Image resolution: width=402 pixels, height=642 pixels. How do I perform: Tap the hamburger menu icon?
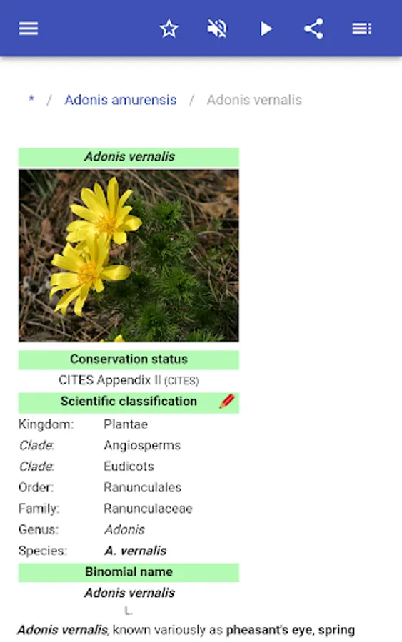click(29, 29)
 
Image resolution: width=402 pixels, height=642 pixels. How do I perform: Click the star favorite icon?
click(169, 29)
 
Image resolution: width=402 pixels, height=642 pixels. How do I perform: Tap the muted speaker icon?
click(217, 29)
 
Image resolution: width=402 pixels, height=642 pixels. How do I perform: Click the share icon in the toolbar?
click(313, 29)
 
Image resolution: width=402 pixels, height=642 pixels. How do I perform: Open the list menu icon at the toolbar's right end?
click(361, 29)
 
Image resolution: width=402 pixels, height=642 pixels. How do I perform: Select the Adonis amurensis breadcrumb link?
click(121, 100)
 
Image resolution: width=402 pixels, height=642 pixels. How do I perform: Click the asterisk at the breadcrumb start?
click(31, 98)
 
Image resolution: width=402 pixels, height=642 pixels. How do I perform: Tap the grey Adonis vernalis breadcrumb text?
click(254, 100)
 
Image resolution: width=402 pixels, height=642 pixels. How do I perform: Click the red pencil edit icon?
click(227, 401)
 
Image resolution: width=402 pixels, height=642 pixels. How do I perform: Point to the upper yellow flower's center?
click(107, 223)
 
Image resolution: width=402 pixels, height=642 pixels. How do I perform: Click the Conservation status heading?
click(129, 359)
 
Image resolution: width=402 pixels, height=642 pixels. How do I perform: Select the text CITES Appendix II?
click(110, 380)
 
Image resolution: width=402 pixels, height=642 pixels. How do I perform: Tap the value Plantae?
click(126, 424)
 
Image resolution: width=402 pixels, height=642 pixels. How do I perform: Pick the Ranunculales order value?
click(143, 487)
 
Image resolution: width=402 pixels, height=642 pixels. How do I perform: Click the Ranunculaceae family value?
click(148, 509)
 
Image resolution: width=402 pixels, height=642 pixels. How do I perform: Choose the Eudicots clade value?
click(129, 467)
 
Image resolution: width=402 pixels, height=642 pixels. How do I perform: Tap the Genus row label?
click(39, 529)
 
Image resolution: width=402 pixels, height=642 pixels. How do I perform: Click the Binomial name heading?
click(129, 571)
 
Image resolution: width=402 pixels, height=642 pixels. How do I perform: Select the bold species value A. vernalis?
click(135, 551)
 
